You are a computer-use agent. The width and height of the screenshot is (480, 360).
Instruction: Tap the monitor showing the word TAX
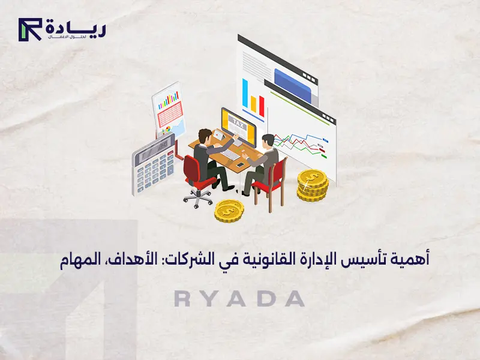tap(239, 124)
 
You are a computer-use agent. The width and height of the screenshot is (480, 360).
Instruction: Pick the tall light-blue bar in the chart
tap(245, 94)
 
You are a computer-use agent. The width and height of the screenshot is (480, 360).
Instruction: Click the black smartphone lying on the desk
tap(241, 164)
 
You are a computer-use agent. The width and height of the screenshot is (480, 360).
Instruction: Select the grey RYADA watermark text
tap(239, 299)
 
